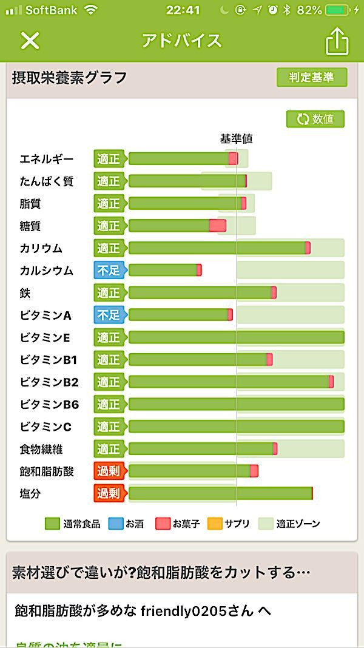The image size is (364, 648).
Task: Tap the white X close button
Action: click(x=30, y=41)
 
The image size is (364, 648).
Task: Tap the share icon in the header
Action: click(x=337, y=41)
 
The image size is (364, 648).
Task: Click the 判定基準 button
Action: click(x=312, y=78)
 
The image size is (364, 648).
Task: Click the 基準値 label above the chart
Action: click(x=236, y=139)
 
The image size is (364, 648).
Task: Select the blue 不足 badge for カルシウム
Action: click(x=109, y=271)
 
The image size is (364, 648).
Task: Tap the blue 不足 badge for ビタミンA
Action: click(x=109, y=315)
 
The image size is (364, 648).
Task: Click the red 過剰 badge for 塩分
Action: click(x=109, y=493)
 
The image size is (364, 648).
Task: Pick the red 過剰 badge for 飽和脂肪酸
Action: click(x=109, y=471)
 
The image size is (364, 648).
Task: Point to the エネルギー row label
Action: click(x=47, y=159)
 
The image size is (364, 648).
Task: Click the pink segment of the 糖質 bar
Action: click(x=217, y=226)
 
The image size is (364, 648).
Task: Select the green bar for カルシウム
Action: click(x=163, y=271)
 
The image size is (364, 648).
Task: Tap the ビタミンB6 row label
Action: click(x=49, y=404)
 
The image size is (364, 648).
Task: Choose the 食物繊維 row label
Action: click(x=41, y=449)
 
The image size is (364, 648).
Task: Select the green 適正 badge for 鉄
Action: click(x=109, y=293)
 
